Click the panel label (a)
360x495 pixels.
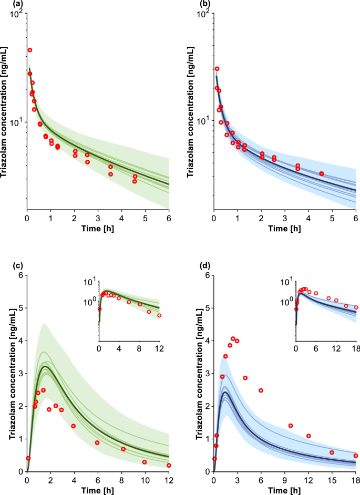coord(7,5)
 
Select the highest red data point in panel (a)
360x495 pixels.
coord(30,50)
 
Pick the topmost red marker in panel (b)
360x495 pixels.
coord(217,69)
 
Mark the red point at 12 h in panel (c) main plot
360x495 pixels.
coord(169,465)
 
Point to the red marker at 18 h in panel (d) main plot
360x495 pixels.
coord(355,456)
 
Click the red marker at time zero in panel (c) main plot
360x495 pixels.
coord(28,458)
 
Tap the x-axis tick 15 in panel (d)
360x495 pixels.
coord(332,480)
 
